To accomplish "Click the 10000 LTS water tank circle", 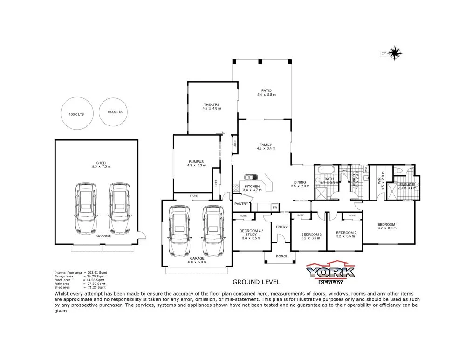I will click(115, 112).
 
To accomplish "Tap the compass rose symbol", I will click(395, 53).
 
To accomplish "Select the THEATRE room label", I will click(212, 104).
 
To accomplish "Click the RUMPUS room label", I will click(196, 162).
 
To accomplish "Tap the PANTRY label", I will click(241, 204).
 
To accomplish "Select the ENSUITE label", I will click(405, 185).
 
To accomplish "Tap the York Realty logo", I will click(330, 272).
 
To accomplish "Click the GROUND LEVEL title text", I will click(256, 282).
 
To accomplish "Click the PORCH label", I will click(282, 256).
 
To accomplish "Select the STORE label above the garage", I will click(193, 196).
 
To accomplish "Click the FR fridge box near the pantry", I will click(275, 207).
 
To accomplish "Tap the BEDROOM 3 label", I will click(311, 234).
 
